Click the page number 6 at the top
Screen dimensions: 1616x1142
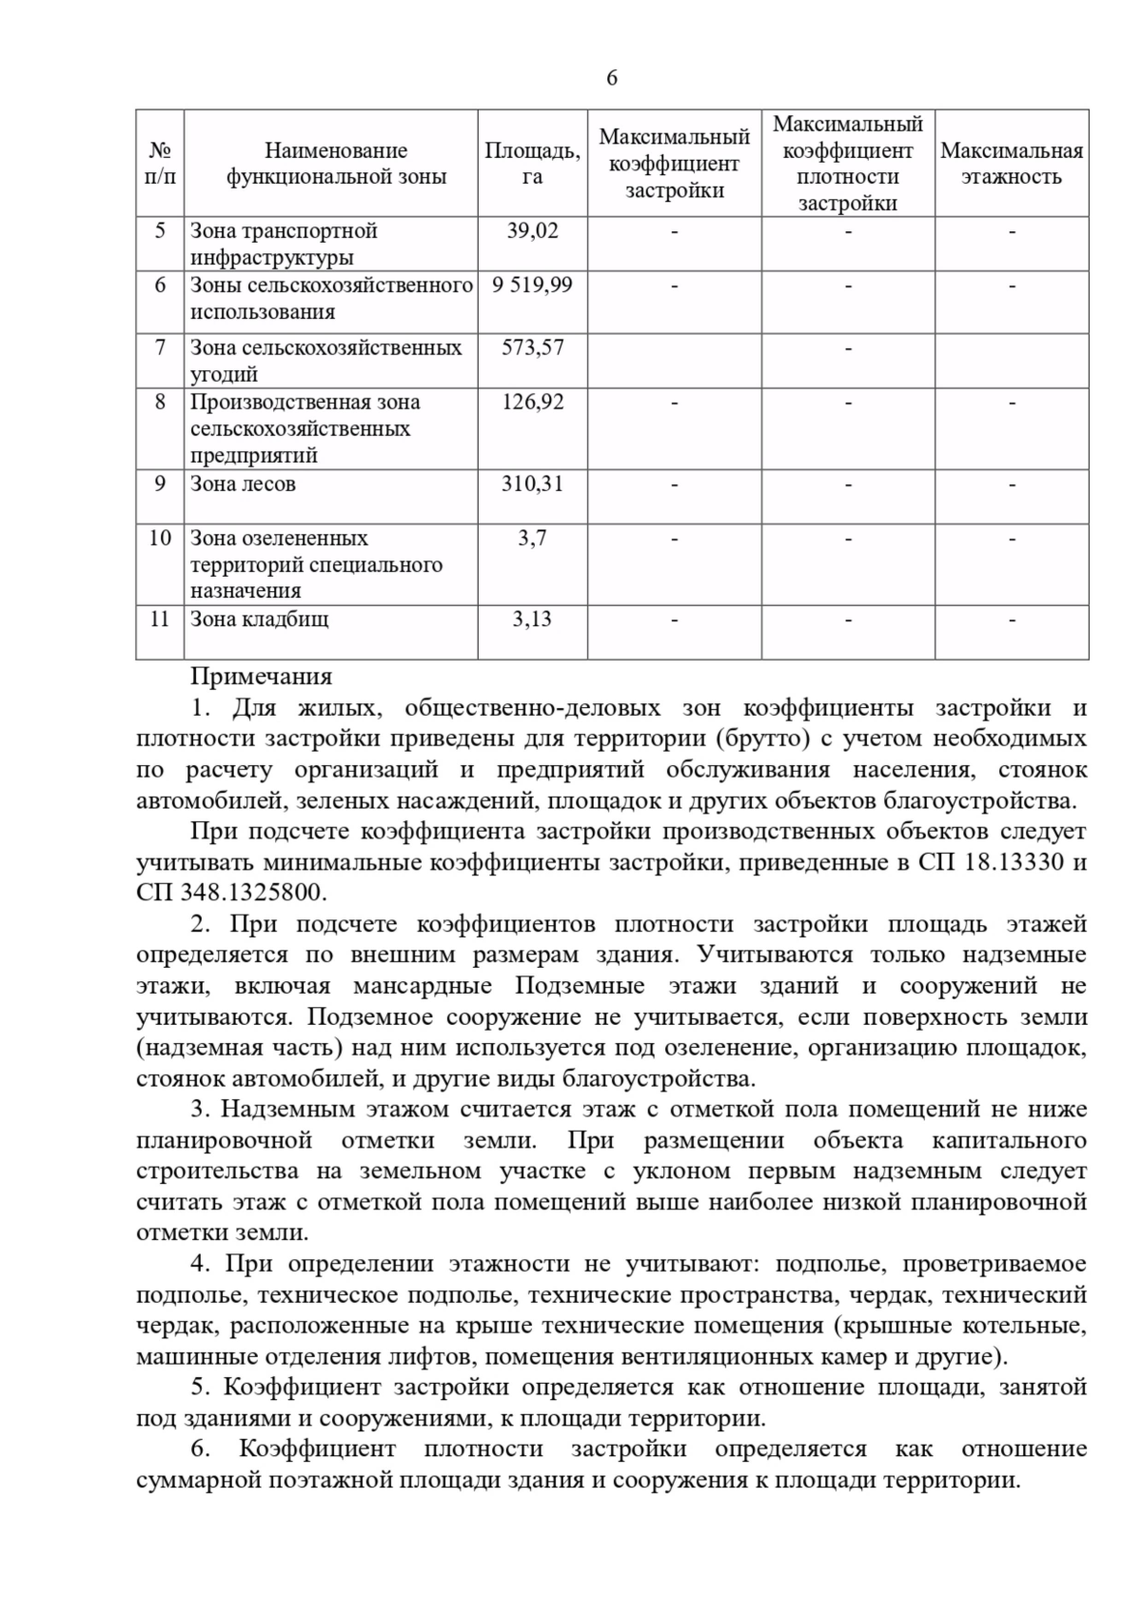tap(611, 78)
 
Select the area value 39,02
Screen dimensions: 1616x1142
tap(532, 230)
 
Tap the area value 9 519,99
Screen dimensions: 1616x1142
tap(532, 285)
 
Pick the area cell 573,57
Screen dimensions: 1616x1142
tap(532, 347)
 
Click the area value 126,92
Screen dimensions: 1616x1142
tap(532, 402)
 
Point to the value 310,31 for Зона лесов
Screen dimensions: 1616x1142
tap(532, 483)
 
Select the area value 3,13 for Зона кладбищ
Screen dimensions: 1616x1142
tap(532, 620)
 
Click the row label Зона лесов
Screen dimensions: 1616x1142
tap(243, 483)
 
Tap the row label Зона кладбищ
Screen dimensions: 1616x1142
tap(259, 620)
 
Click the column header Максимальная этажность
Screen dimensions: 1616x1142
tap(1011, 164)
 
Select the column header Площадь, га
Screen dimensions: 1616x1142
tap(532, 164)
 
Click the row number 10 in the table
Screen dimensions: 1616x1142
tap(160, 538)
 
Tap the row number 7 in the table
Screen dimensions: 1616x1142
tap(160, 347)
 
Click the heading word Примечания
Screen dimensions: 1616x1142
tap(261, 677)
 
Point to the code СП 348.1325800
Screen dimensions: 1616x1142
tap(231, 894)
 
